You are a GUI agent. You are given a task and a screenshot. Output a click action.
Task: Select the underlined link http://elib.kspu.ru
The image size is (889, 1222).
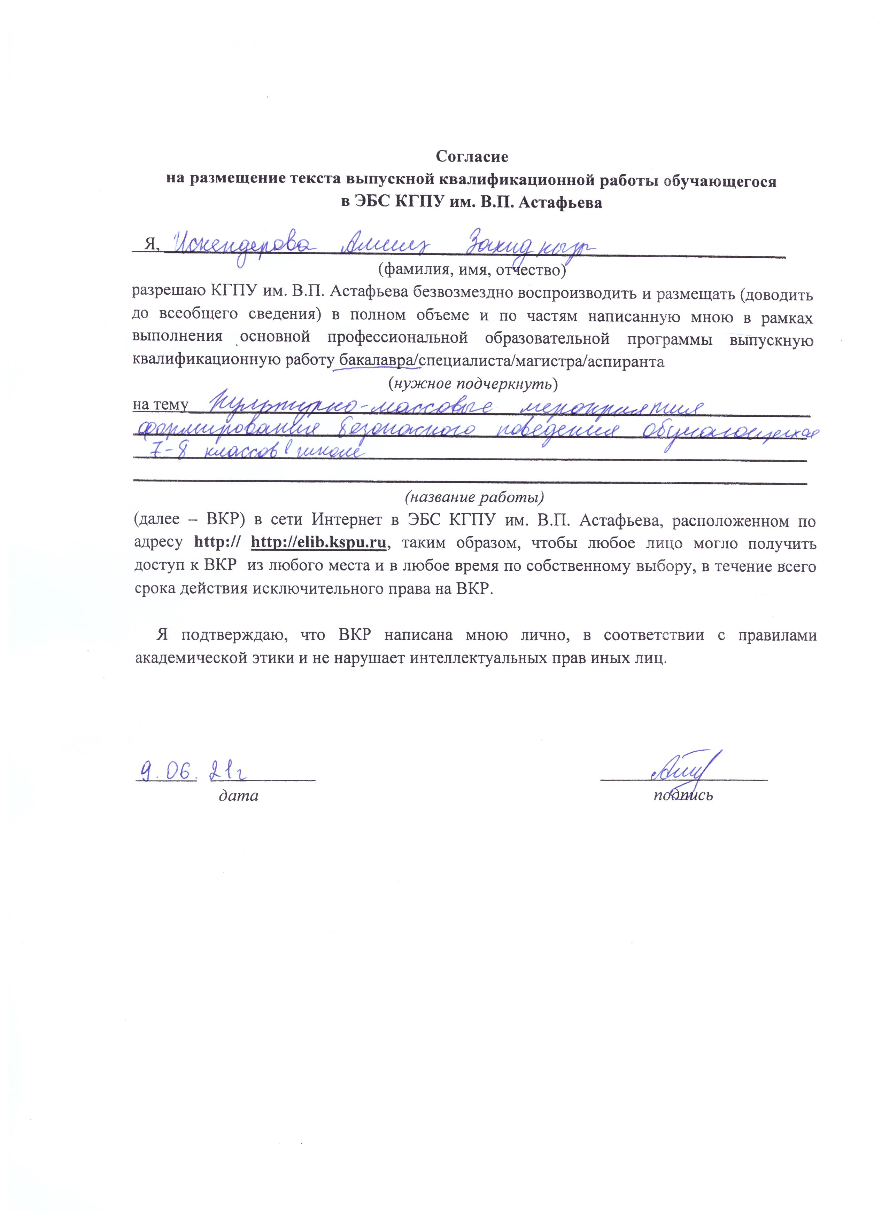pyautogui.click(x=319, y=543)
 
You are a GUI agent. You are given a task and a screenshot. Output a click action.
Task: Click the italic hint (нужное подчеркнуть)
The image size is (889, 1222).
pyautogui.click(x=473, y=384)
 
